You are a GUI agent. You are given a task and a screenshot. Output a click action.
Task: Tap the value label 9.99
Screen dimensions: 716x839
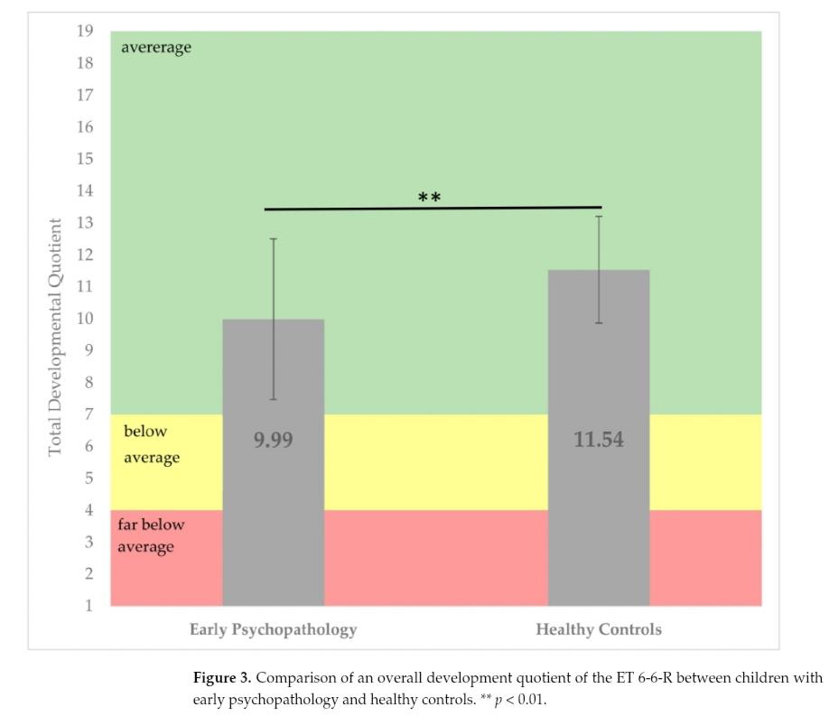(x=273, y=441)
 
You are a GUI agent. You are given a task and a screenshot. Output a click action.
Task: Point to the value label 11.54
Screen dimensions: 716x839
(x=598, y=441)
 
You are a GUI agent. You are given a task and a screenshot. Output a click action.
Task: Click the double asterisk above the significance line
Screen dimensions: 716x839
(x=430, y=198)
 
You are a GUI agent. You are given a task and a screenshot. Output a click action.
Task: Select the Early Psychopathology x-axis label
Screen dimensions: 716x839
(x=273, y=629)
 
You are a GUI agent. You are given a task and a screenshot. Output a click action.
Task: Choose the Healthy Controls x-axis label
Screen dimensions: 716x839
(x=598, y=629)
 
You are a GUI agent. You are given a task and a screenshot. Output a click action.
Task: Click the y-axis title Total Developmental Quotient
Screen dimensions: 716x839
(x=56, y=337)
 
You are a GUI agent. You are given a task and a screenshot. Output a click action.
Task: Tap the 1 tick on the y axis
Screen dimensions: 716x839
(x=88, y=605)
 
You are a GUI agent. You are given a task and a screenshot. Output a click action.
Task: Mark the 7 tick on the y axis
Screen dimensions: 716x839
(x=88, y=414)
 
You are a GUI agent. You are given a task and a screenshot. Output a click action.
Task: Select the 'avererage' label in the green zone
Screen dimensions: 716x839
(x=156, y=48)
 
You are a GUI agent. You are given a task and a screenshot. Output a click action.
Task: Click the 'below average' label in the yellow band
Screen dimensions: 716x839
(x=152, y=444)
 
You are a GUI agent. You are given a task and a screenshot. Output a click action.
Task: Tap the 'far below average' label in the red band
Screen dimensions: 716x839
(x=150, y=535)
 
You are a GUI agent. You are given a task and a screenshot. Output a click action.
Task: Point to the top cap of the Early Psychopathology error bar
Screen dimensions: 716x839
(x=273, y=239)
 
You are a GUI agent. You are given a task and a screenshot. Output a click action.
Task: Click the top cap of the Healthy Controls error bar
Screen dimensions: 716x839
(x=598, y=217)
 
